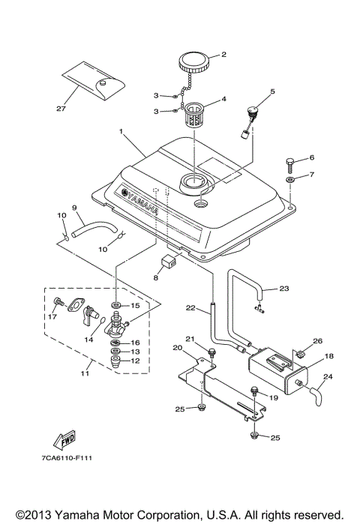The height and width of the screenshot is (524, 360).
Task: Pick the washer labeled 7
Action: coord(289,181)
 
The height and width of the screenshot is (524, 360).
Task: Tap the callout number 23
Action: coord(283,288)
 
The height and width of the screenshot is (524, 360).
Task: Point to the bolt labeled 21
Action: coord(213,351)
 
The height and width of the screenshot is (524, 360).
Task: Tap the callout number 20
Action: coord(177,347)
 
